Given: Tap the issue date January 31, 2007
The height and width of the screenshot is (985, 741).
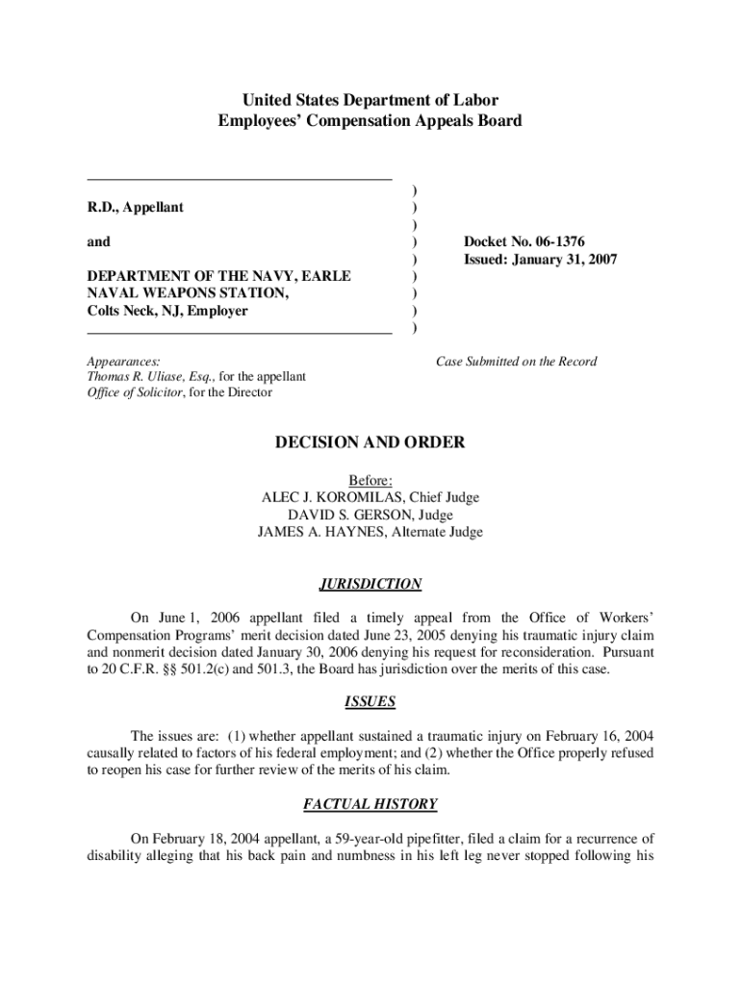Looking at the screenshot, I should click(x=565, y=260).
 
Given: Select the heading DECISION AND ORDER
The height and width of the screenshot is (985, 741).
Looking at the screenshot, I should click(x=370, y=443).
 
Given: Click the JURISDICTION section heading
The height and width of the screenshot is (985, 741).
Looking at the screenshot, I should click(x=370, y=584).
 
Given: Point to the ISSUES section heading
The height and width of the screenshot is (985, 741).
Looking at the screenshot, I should click(x=370, y=702).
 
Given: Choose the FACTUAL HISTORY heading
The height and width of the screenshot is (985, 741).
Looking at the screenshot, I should click(x=370, y=804).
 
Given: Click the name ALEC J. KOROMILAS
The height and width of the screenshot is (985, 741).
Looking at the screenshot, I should click(x=336, y=497).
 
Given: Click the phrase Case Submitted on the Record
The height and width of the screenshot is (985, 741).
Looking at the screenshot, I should click(x=516, y=362).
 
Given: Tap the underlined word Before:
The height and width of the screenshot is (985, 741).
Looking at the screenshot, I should click(x=370, y=480).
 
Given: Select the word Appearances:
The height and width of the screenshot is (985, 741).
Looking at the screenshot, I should click(x=124, y=362).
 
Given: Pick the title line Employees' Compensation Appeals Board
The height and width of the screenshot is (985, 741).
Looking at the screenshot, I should click(x=370, y=121).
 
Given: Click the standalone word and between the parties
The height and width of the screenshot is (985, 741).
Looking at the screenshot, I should click(x=99, y=242).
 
